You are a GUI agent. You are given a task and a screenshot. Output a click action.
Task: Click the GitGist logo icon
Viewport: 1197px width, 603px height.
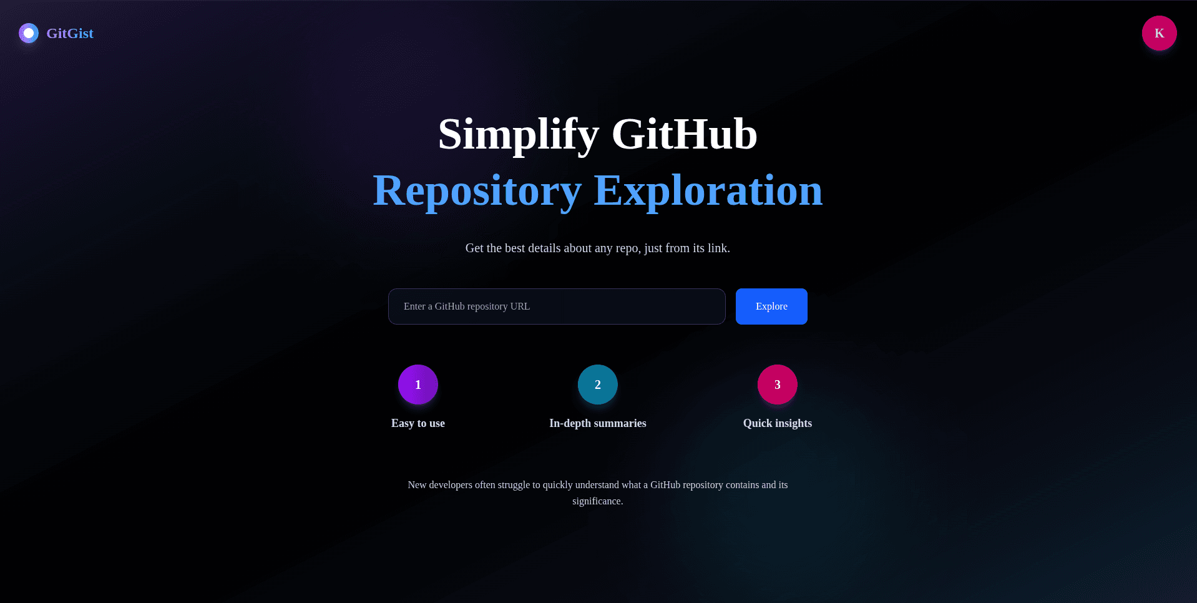[29, 33]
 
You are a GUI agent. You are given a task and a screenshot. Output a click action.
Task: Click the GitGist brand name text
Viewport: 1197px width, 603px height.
[70, 34]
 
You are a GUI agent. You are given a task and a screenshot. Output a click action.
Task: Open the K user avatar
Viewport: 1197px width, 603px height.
[1159, 33]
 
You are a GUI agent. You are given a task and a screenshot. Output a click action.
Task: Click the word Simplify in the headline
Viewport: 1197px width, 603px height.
[518, 135]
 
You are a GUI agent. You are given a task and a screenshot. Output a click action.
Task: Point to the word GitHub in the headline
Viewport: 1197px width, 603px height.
[684, 135]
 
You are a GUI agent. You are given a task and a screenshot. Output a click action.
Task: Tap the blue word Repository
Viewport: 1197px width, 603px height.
[477, 191]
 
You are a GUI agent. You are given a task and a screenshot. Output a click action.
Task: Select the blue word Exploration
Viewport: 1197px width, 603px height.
[708, 191]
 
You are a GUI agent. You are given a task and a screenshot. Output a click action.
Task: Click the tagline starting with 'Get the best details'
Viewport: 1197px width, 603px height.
[597, 248]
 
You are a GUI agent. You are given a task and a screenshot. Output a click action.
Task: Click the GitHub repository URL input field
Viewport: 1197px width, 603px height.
[556, 306]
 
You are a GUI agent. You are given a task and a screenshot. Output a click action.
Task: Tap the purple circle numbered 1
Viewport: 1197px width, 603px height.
[418, 385]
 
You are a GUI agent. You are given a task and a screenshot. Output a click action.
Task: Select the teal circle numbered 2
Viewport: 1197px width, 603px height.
[598, 385]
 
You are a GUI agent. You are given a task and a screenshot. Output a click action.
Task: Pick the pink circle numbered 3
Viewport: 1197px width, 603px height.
[778, 385]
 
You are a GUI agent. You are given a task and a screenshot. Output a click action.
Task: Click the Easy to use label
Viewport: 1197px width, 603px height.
[418, 423]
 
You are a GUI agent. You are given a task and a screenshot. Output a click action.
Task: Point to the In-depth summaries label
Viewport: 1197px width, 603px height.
[598, 423]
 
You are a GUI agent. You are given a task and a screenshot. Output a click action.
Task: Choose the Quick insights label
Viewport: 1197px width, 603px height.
[778, 423]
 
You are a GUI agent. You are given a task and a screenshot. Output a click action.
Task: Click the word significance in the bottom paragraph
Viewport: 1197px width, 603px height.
[597, 501]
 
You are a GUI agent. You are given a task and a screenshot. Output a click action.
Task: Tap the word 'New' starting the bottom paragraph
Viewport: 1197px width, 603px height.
[417, 485]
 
